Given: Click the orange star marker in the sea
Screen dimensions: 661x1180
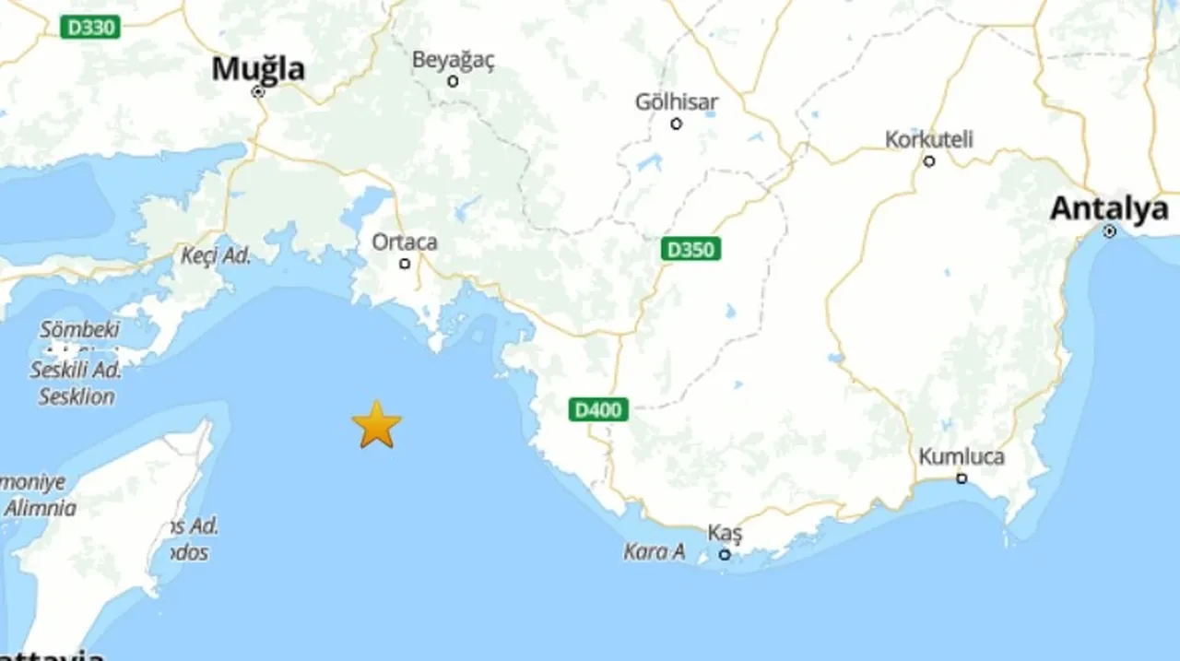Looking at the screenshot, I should pyautogui.click(x=376, y=425).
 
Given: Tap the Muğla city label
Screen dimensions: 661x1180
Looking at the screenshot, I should pyautogui.click(x=258, y=68).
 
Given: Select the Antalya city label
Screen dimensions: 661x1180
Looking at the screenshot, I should pyautogui.click(x=1109, y=209).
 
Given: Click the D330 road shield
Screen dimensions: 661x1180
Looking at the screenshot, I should pyautogui.click(x=91, y=28).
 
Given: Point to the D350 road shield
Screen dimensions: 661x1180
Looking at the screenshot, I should pyautogui.click(x=690, y=249).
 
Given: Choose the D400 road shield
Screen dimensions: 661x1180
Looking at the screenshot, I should pyautogui.click(x=598, y=409).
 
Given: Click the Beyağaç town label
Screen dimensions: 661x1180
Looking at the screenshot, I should pyautogui.click(x=453, y=60).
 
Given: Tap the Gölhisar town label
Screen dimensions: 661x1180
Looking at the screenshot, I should pyautogui.click(x=676, y=102).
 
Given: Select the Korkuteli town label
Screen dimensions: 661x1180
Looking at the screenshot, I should pyautogui.click(x=928, y=140).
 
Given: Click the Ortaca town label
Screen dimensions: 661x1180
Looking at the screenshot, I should pyautogui.click(x=404, y=242).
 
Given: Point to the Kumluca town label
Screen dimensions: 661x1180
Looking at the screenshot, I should pyautogui.click(x=962, y=457).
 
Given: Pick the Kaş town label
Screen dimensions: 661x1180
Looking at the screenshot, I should pyautogui.click(x=725, y=534).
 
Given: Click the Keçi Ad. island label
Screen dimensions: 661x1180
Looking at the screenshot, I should pyautogui.click(x=216, y=255).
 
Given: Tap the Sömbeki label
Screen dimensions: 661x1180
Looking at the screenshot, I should pyautogui.click(x=80, y=329).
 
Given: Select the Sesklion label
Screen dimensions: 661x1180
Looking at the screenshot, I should pyautogui.click(x=77, y=397).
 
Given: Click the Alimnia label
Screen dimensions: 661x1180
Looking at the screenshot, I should pyautogui.click(x=40, y=507).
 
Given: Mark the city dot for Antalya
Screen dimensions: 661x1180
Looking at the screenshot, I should pyautogui.click(x=1110, y=231).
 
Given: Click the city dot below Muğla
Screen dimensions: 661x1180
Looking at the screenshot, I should pyautogui.click(x=258, y=92).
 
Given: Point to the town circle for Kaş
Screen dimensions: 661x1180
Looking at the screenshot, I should pyautogui.click(x=725, y=554).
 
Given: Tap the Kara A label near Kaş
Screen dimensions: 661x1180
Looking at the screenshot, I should pyautogui.click(x=655, y=552).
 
